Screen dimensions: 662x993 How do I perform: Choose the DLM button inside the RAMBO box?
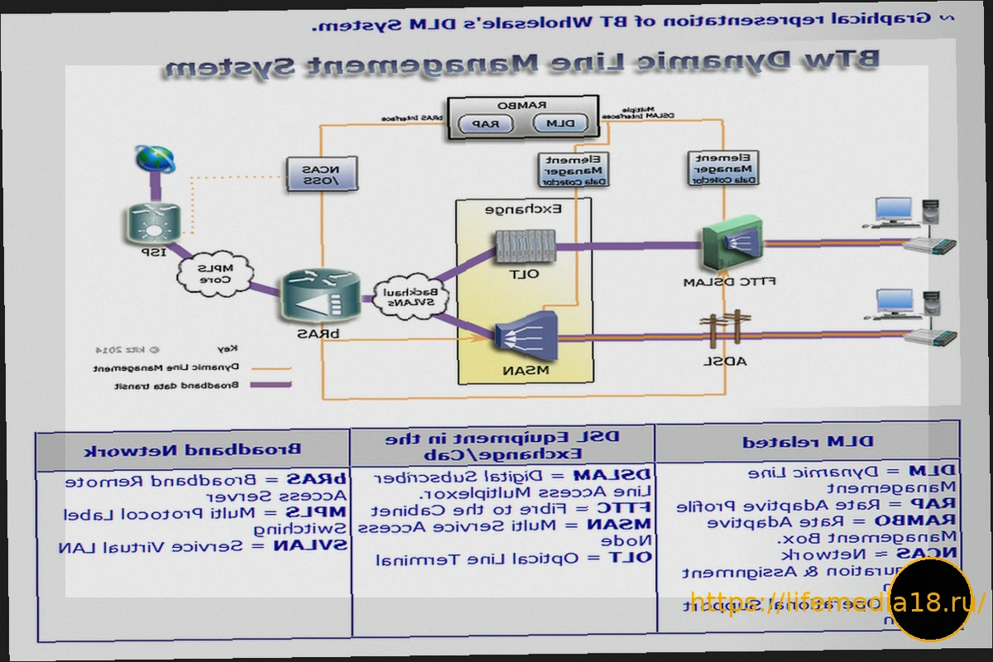[562, 124]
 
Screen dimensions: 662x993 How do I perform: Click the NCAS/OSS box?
[321, 175]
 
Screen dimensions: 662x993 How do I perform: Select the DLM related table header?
[808, 443]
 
